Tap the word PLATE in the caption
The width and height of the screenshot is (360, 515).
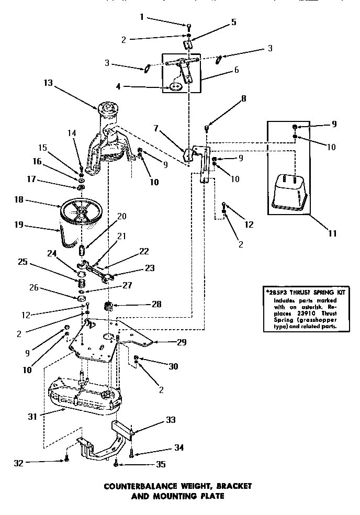pos(212,495)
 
